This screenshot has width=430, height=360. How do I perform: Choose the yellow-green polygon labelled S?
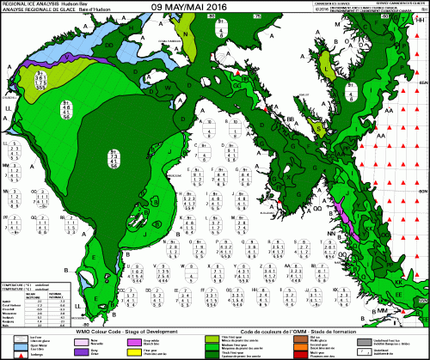point(319,128)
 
